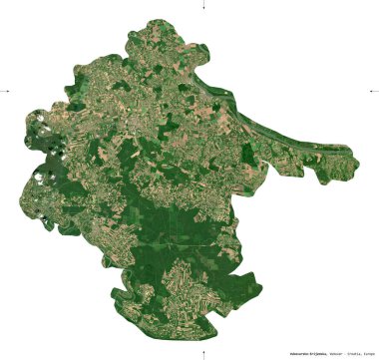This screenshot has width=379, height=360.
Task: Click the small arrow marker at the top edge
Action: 203,6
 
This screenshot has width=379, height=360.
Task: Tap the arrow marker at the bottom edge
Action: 203,353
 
